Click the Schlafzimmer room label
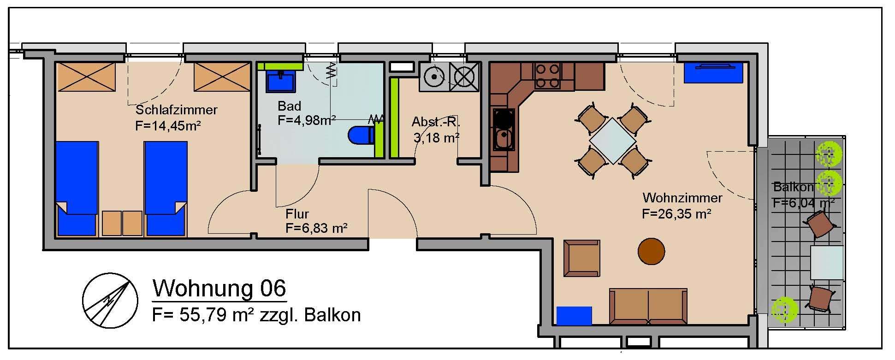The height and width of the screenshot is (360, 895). (176, 110)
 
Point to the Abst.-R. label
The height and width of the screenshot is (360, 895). (436, 122)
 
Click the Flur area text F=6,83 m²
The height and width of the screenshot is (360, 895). (316, 228)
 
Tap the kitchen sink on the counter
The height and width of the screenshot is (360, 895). (502, 140)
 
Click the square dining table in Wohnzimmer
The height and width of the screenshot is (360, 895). (612, 141)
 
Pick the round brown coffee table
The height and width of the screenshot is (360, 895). (651, 251)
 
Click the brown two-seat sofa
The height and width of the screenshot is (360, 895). (648, 307)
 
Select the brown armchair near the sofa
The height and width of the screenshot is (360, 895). (582, 258)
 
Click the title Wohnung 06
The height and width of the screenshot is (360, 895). (219, 289)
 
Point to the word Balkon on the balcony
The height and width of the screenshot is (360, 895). (793, 187)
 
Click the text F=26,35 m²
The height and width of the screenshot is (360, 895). (676, 214)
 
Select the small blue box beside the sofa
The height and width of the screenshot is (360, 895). (574, 316)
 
